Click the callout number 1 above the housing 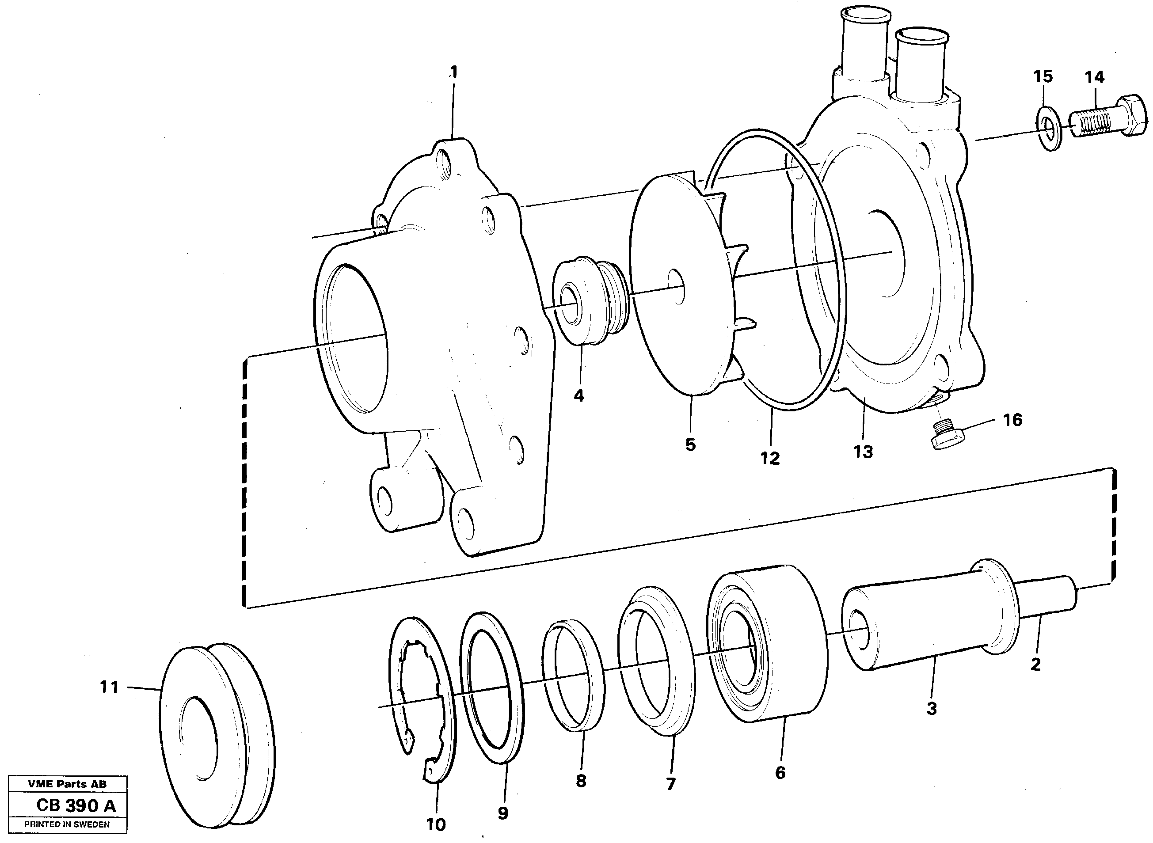[453, 72]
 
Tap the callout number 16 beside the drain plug [1012, 420]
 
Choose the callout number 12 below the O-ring [770, 458]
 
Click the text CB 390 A [76, 806]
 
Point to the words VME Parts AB [67, 784]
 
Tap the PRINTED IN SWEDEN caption [67, 824]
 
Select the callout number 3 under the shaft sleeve [932, 708]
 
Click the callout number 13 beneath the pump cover [863, 452]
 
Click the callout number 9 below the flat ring [503, 813]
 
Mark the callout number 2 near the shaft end [1035, 665]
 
